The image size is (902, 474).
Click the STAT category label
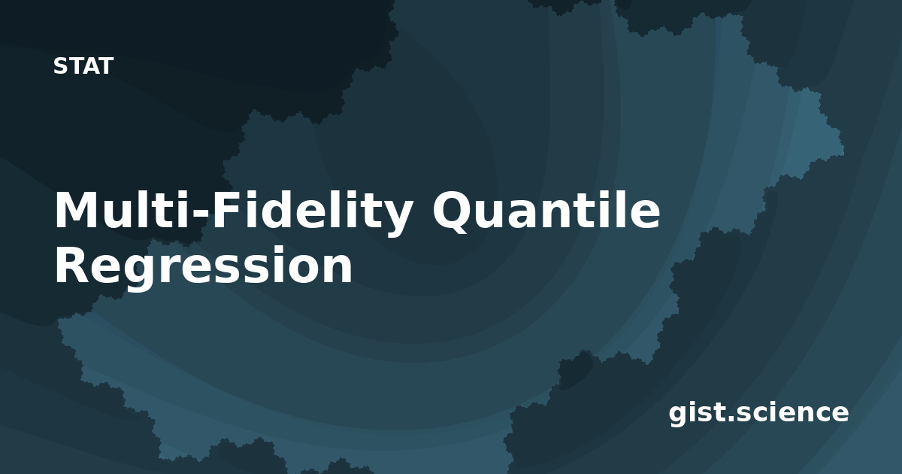pyautogui.click(x=83, y=66)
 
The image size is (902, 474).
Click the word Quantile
pyautogui.click(x=546, y=211)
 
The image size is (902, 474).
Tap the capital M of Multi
pyautogui.click(x=77, y=211)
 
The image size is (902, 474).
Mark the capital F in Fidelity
pyautogui.click(x=226, y=211)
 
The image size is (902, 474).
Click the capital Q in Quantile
pyautogui.click(x=454, y=212)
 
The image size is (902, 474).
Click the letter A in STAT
pyautogui.click(x=91, y=66)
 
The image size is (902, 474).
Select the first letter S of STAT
pyautogui.click(x=60, y=66)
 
